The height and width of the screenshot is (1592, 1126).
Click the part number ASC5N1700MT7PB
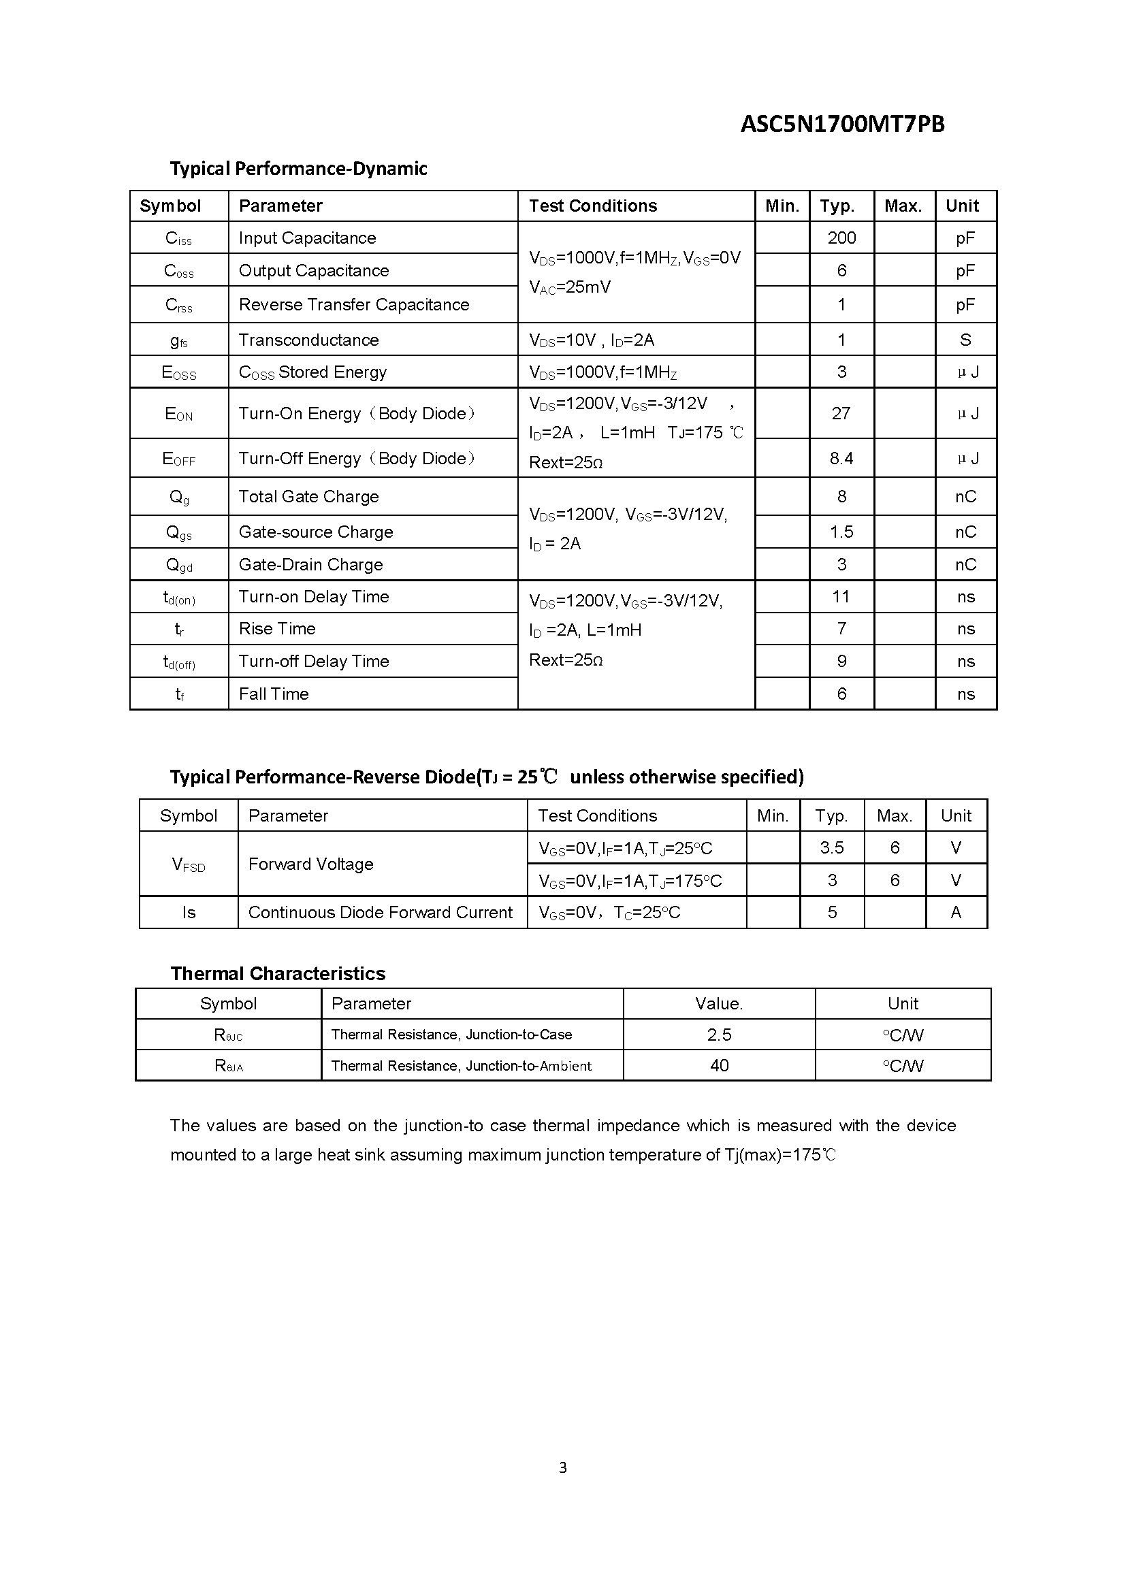pos(841,124)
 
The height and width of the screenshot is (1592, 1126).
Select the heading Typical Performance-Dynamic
pos(298,169)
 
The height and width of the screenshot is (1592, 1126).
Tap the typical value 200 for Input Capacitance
pos(841,238)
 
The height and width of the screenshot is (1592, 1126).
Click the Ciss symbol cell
pos(179,238)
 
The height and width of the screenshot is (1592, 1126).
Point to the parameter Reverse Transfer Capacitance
pos(353,304)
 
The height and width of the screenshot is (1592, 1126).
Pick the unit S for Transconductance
pos(965,340)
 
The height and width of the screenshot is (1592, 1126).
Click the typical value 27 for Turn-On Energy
pos(841,413)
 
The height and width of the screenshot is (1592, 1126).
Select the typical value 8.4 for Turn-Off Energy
pos(841,458)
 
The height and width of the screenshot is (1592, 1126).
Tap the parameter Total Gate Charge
pos(308,496)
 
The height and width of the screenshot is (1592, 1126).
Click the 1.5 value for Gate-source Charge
pos(841,532)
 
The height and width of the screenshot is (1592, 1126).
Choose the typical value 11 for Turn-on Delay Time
pos(841,596)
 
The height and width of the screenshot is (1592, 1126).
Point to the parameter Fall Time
pos(274,694)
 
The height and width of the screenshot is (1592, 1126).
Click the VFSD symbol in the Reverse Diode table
pos(189,864)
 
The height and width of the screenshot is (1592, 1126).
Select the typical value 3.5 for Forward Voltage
pos(831,847)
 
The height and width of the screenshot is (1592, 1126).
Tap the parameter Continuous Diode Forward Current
pos(380,913)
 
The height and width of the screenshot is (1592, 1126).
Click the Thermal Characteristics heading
pos(277,973)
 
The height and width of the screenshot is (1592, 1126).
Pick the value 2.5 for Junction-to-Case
pos(719,1035)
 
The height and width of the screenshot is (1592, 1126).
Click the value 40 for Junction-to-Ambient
pos(719,1065)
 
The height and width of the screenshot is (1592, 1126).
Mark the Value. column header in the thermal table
pos(719,1003)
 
